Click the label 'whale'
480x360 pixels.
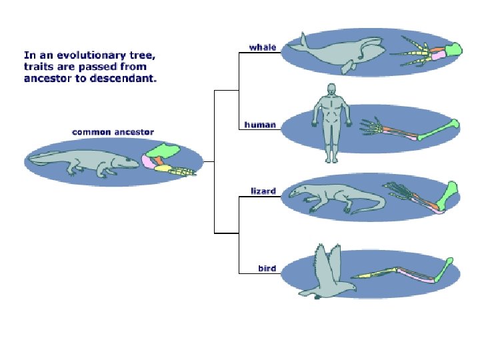(x=263, y=47)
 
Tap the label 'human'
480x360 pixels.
(x=260, y=125)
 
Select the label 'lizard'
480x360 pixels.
(x=263, y=191)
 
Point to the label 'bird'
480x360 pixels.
(x=267, y=269)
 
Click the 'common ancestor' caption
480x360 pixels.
(x=113, y=132)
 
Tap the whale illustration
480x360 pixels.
(x=333, y=53)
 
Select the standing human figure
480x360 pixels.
(x=331, y=123)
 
